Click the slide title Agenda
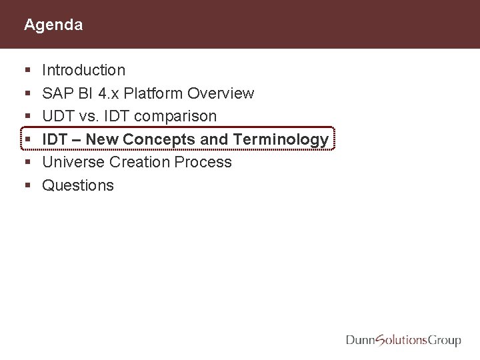tap(53, 25)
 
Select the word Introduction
tap(83, 70)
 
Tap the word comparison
tap(175, 116)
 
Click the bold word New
tap(102, 139)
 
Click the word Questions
tap(78, 185)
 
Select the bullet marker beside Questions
tap(26, 186)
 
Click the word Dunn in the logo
tap(361, 341)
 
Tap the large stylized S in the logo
tap(382, 341)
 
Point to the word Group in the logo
tap(443, 341)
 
